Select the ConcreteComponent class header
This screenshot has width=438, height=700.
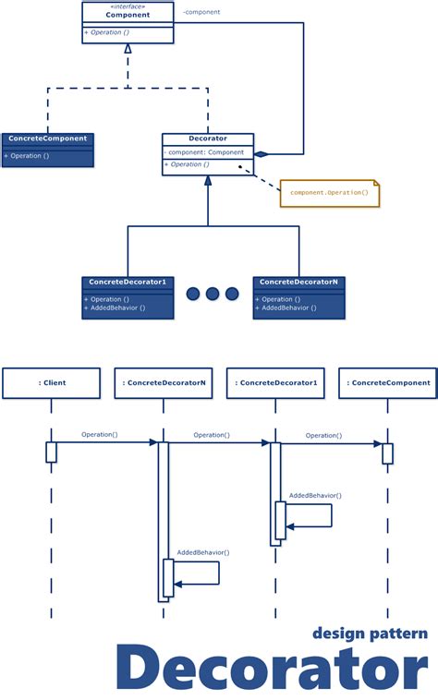[x=47, y=139]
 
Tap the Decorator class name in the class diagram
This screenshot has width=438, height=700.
[x=208, y=139]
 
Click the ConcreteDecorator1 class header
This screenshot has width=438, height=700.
[x=128, y=281]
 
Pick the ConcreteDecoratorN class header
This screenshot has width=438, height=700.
[x=298, y=281]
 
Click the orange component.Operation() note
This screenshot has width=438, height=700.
[x=329, y=192]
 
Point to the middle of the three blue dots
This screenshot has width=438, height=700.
[x=213, y=294]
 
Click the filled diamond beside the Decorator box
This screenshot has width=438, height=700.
[x=262, y=153]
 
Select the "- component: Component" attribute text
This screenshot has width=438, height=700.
[x=205, y=151]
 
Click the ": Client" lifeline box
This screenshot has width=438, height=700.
[x=51, y=382]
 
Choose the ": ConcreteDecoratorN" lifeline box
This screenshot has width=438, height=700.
[x=164, y=382]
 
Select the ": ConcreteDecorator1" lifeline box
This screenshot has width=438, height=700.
[x=275, y=382]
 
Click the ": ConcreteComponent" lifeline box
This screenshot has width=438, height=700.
[x=388, y=382]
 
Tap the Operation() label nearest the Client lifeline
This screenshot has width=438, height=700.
[x=99, y=434]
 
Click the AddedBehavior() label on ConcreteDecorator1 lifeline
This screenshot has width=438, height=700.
[x=315, y=496]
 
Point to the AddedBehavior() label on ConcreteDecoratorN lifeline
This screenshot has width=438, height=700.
[x=203, y=552]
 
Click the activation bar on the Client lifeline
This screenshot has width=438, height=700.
[x=51, y=453]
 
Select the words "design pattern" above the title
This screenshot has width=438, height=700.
[x=370, y=634]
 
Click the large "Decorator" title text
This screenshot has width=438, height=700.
[x=273, y=670]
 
